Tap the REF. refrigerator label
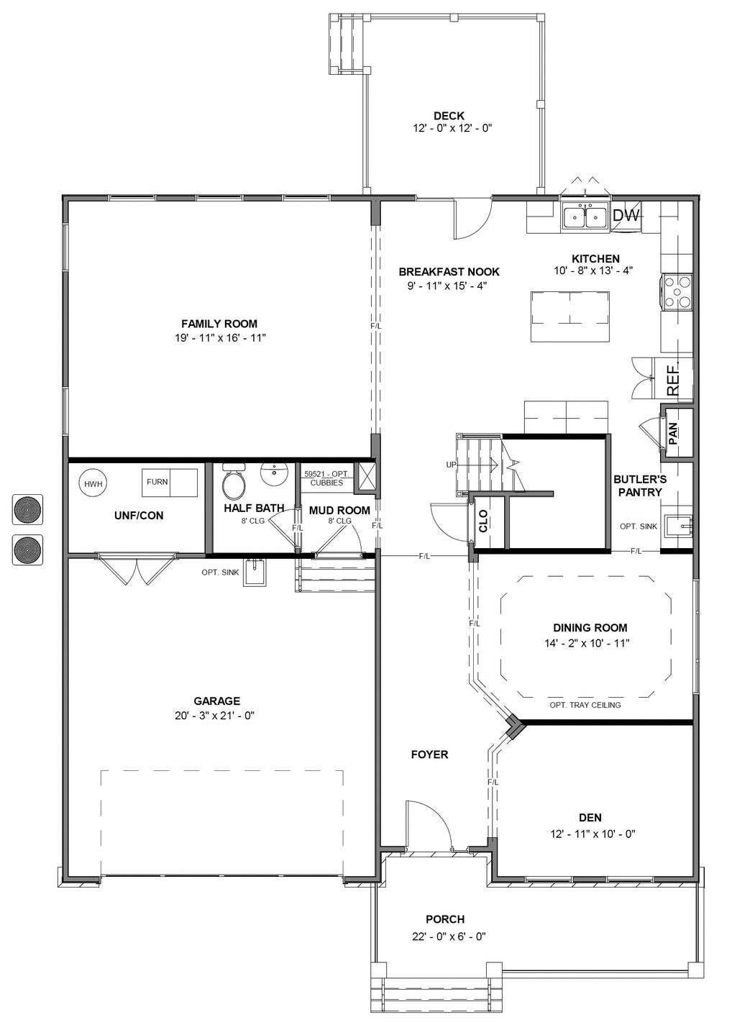pyautogui.click(x=674, y=379)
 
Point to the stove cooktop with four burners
pyautogui.click(x=677, y=293)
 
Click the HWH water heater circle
pyautogui.click(x=93, y=484)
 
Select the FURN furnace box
pyautogui.click(x=157, y=482)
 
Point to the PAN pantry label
pyautogui.click(x=674, y=434)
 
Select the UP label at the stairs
pyautogui.click(x=452, y=465)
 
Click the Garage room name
pyautogui.click(x=216, y=701)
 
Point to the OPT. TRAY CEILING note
pyautogui.click(x=585, y=705)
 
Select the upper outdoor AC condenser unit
pyautogui.click(x=28, y=509)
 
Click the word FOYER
pyautogui.click(x=429, y=754)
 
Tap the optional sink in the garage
pyautogui.click(x=255, y=573)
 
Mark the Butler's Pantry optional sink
pyautogui.click(x=677, y=526)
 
